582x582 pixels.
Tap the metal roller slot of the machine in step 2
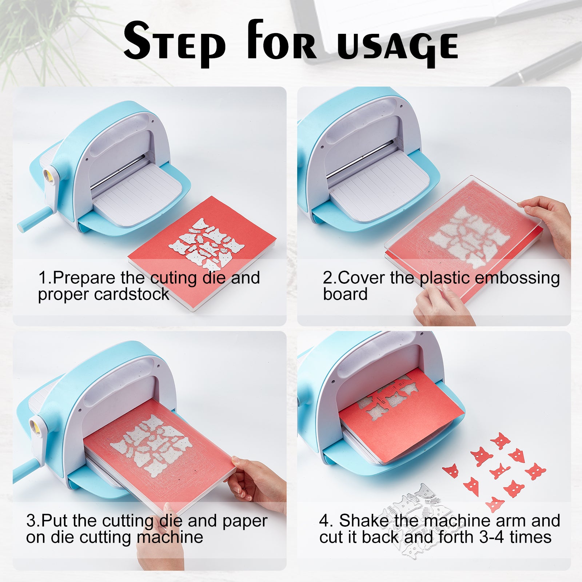pos(360,160)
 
